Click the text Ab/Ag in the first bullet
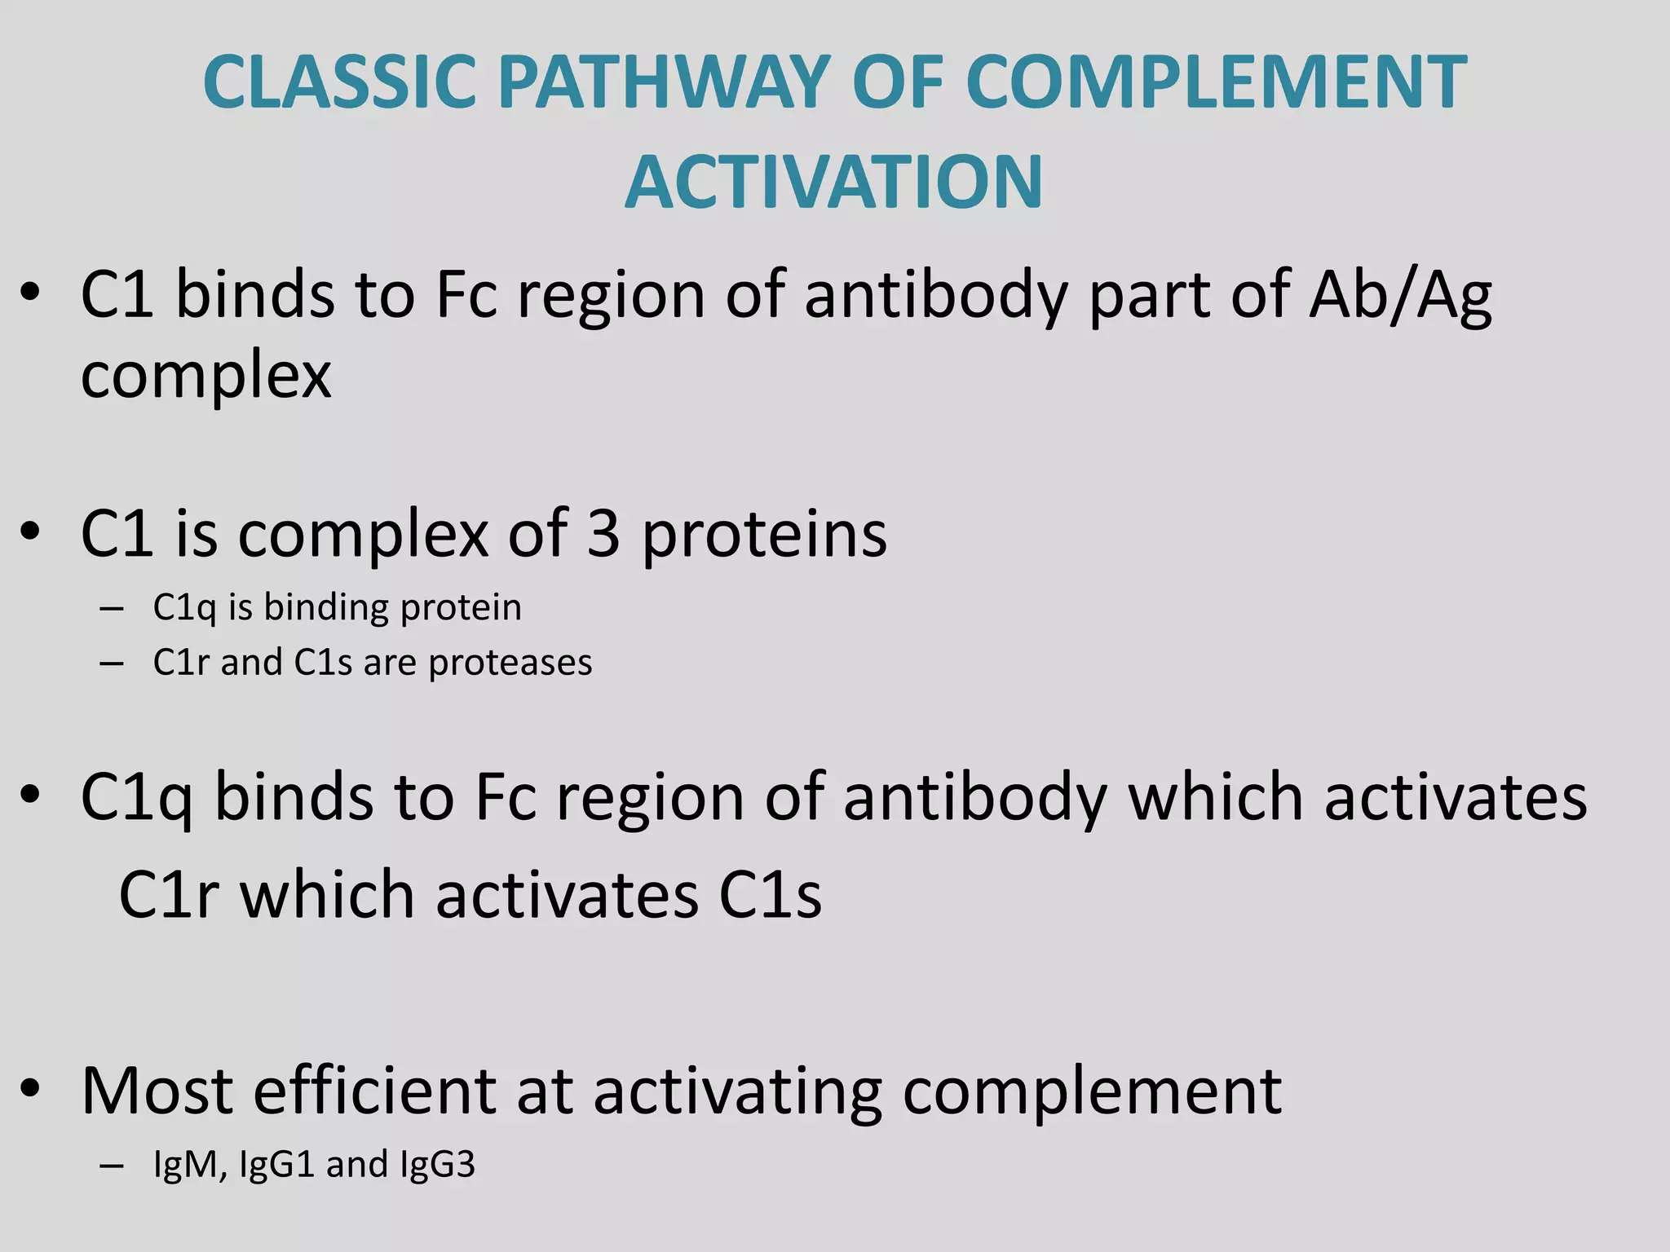click(1400, 295)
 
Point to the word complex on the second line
click(205, 377)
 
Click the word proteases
click(510, 663)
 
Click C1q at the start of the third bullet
click(136, 798)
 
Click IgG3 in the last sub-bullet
click(438, 1165)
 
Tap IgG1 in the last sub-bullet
click(277, 1165)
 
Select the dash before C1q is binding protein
click(111, 608)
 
